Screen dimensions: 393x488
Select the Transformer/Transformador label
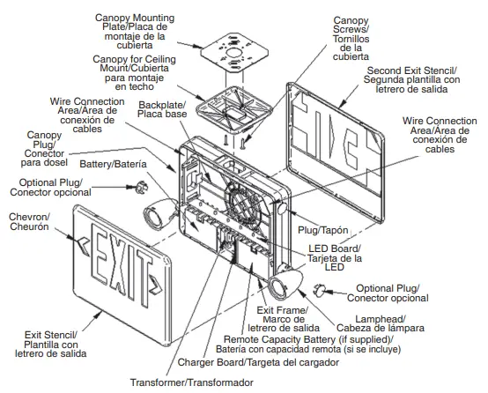click(191, 382)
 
